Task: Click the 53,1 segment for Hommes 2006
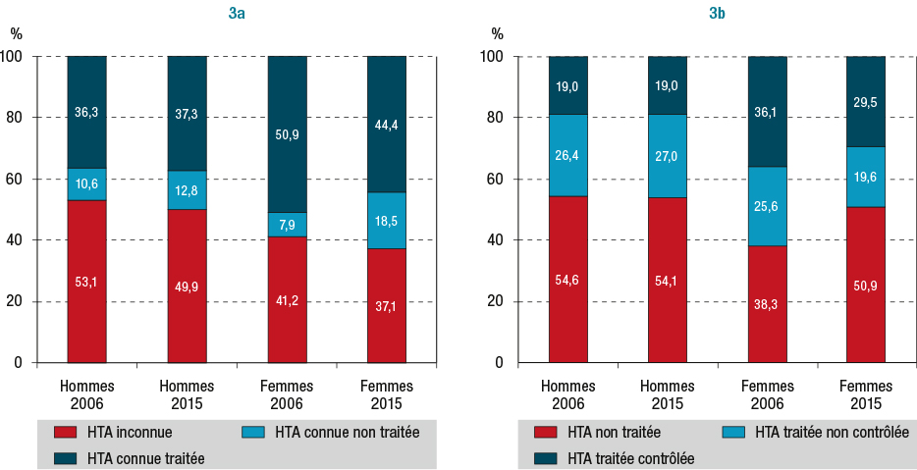pyautogui.click(x=86, y=281)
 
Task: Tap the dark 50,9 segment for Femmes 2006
pyautogui.click(x=286, y=133)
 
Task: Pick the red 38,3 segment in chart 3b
pyautogui.click(x=767, y=303)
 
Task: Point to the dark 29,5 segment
pyautogui.click(x=866, y=101)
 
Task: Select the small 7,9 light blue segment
pyautogui.click(x=286, y=225)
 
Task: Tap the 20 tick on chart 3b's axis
pyautogui.click(x=500, y=301)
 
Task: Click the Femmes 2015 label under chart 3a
pyautogui.click(x=386, y=394)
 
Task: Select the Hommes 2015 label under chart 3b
pyautogui.click(x=668, y=394)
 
